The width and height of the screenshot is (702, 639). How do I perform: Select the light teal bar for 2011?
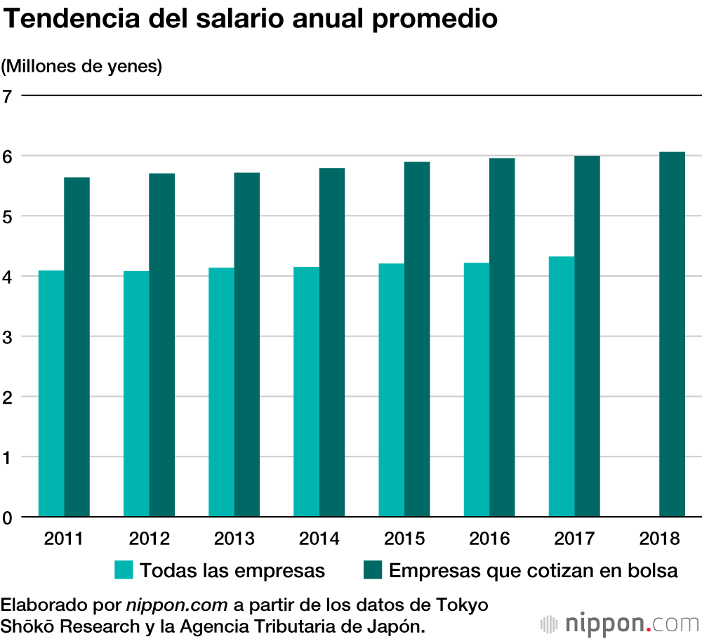tap(51, 393)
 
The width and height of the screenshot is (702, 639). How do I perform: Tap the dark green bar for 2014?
tap(331, 343)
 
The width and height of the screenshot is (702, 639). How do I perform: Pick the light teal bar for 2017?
tap(562, 386)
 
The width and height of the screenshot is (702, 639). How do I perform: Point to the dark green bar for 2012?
tap(161, 345)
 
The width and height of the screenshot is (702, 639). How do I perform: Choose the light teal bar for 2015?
tap(391, 390)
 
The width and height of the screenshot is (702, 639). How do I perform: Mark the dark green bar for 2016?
tap(502, 337)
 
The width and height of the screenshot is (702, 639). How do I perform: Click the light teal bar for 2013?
tap(221, 392)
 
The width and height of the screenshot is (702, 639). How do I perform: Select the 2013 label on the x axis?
tap(234, 539)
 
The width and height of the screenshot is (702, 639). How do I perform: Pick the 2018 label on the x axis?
tap(660, 539)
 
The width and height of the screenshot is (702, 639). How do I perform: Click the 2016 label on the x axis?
tap(489, 539)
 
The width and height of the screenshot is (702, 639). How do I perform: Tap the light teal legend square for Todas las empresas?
tap(124, 570)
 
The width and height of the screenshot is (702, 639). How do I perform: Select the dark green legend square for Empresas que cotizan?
tap(372, 570)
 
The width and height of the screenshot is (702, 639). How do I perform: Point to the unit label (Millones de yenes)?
tap(81, 67)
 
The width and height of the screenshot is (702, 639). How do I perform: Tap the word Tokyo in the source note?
tap(461, 605)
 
